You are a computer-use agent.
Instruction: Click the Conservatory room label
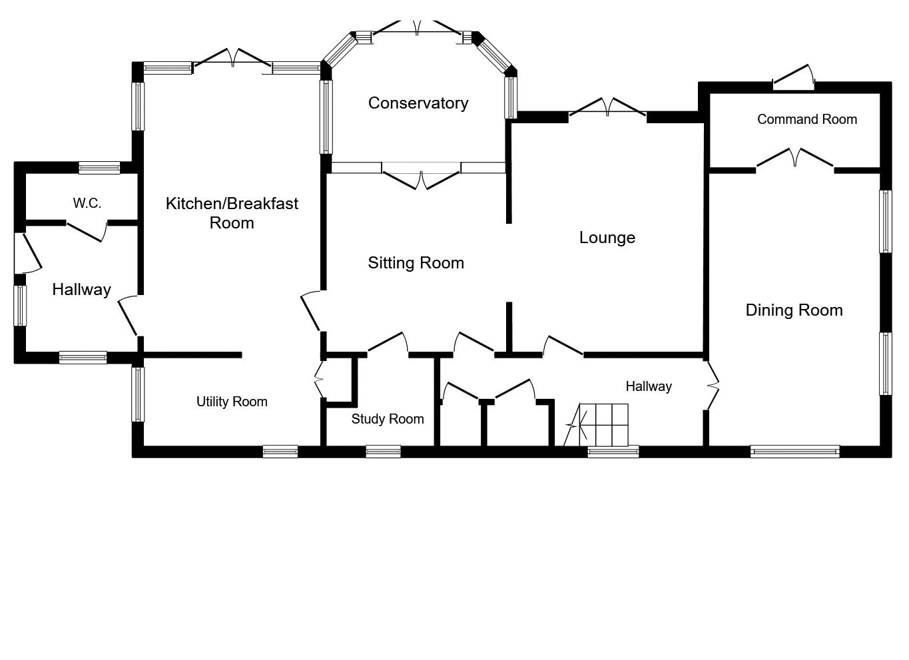pos(418,103)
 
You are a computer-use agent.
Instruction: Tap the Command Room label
pos(807,119)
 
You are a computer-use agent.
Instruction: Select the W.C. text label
pos(87,203)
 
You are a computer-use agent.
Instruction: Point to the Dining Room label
pos(794,310)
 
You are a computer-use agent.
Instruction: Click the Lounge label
pos(607,238)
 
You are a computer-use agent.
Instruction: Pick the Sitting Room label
pos(416,263)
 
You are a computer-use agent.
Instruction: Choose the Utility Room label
pos(232,402)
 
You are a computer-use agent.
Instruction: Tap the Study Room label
pos(388,419)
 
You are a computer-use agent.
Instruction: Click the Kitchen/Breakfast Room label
pos(232,212)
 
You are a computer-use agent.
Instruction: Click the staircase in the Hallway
pos(602,425)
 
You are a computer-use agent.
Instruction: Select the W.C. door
pos(87,230)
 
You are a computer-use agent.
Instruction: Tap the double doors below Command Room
pos(794,160)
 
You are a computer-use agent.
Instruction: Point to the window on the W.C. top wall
pos(99,168)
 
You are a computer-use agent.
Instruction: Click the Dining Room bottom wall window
pos(794,452)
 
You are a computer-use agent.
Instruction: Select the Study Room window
pos(383,452)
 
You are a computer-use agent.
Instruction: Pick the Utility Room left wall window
pos(138,394)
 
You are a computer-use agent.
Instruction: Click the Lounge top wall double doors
pos(607,109)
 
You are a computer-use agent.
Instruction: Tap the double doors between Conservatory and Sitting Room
pos(421,176)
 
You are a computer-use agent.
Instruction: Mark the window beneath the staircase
pos(613,452)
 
